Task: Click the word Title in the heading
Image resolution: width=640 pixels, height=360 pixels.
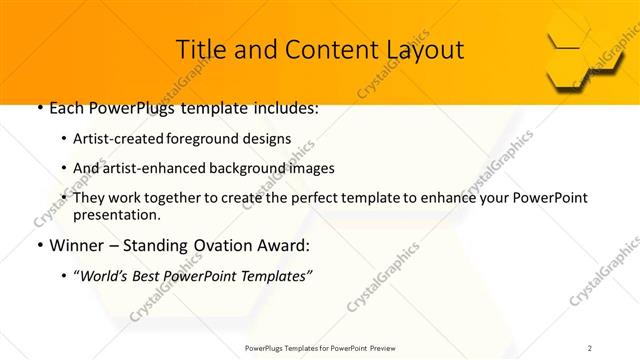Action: click(x=200, y=49)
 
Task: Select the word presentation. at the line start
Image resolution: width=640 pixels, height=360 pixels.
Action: click(x=116, y=215)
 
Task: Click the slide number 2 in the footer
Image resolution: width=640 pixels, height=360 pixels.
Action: click(x=589, y=348)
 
